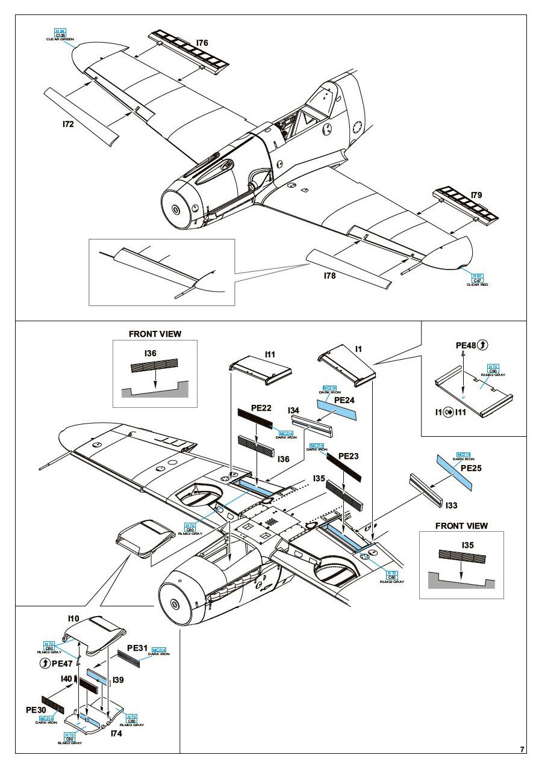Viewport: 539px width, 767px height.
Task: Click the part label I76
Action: click(202, 43)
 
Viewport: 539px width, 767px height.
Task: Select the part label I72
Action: click(68, 125)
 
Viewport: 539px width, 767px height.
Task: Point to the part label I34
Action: click(294, 410)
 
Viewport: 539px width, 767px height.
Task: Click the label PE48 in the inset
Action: click(466, 346)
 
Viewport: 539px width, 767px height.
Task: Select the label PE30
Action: click(36, 710)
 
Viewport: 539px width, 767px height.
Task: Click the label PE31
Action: click(137, 648)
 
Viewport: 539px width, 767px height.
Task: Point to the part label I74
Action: click(117, 734)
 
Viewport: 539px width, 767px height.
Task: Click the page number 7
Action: click(522, 750)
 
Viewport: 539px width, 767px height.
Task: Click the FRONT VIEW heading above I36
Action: click(155, 334)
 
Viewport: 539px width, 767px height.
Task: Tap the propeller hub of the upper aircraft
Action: click(175, 209)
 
